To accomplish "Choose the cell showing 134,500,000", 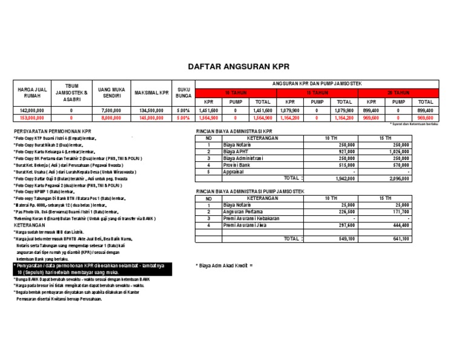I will pos(151,111).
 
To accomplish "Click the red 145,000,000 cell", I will pos(151,118).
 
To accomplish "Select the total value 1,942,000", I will pos(346,179).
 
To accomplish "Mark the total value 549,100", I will pos(346,239).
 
